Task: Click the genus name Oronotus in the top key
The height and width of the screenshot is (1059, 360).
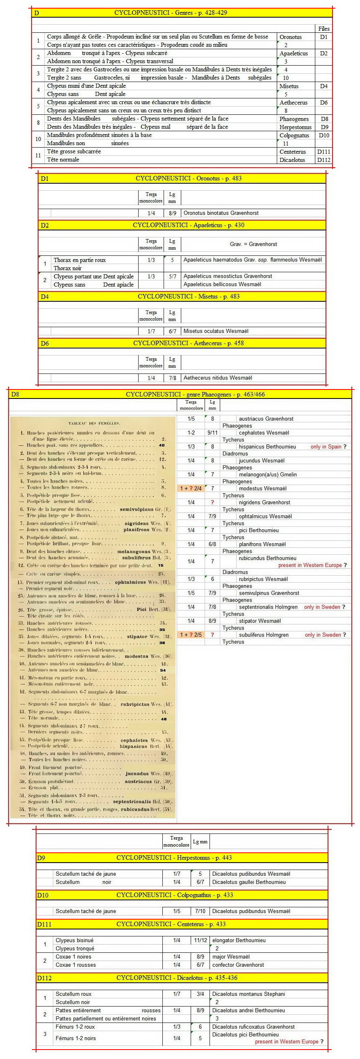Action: point(291,37)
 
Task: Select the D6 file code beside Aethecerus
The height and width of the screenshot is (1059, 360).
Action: point(324,102)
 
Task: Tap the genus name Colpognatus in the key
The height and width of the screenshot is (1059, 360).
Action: point(294,135)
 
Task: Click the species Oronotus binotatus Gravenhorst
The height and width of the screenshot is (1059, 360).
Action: point(221,213)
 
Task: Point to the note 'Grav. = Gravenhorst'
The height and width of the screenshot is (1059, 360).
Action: point(253,244)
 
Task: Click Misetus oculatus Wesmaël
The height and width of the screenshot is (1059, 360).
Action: point(216,331)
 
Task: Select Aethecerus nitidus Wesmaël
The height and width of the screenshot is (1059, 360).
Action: point(218,378)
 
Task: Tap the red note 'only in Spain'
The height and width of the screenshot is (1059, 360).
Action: point(326,446)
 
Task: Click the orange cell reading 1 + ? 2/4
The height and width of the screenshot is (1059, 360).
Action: point(191,488)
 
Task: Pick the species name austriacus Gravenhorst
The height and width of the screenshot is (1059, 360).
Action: point(266,419)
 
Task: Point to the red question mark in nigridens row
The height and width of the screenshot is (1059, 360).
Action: point(212,502)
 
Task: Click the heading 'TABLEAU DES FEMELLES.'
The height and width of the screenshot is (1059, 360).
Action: point(94,423)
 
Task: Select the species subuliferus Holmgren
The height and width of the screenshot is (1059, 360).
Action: point(263,635)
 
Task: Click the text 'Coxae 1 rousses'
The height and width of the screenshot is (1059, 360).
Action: point(75,965)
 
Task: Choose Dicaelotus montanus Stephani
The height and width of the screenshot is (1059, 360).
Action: point(248,994)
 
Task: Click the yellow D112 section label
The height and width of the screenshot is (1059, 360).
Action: point(44,978)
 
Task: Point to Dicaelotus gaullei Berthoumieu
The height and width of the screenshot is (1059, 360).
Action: point(248,882)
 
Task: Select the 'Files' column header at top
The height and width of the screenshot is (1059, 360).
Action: point(324,29)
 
